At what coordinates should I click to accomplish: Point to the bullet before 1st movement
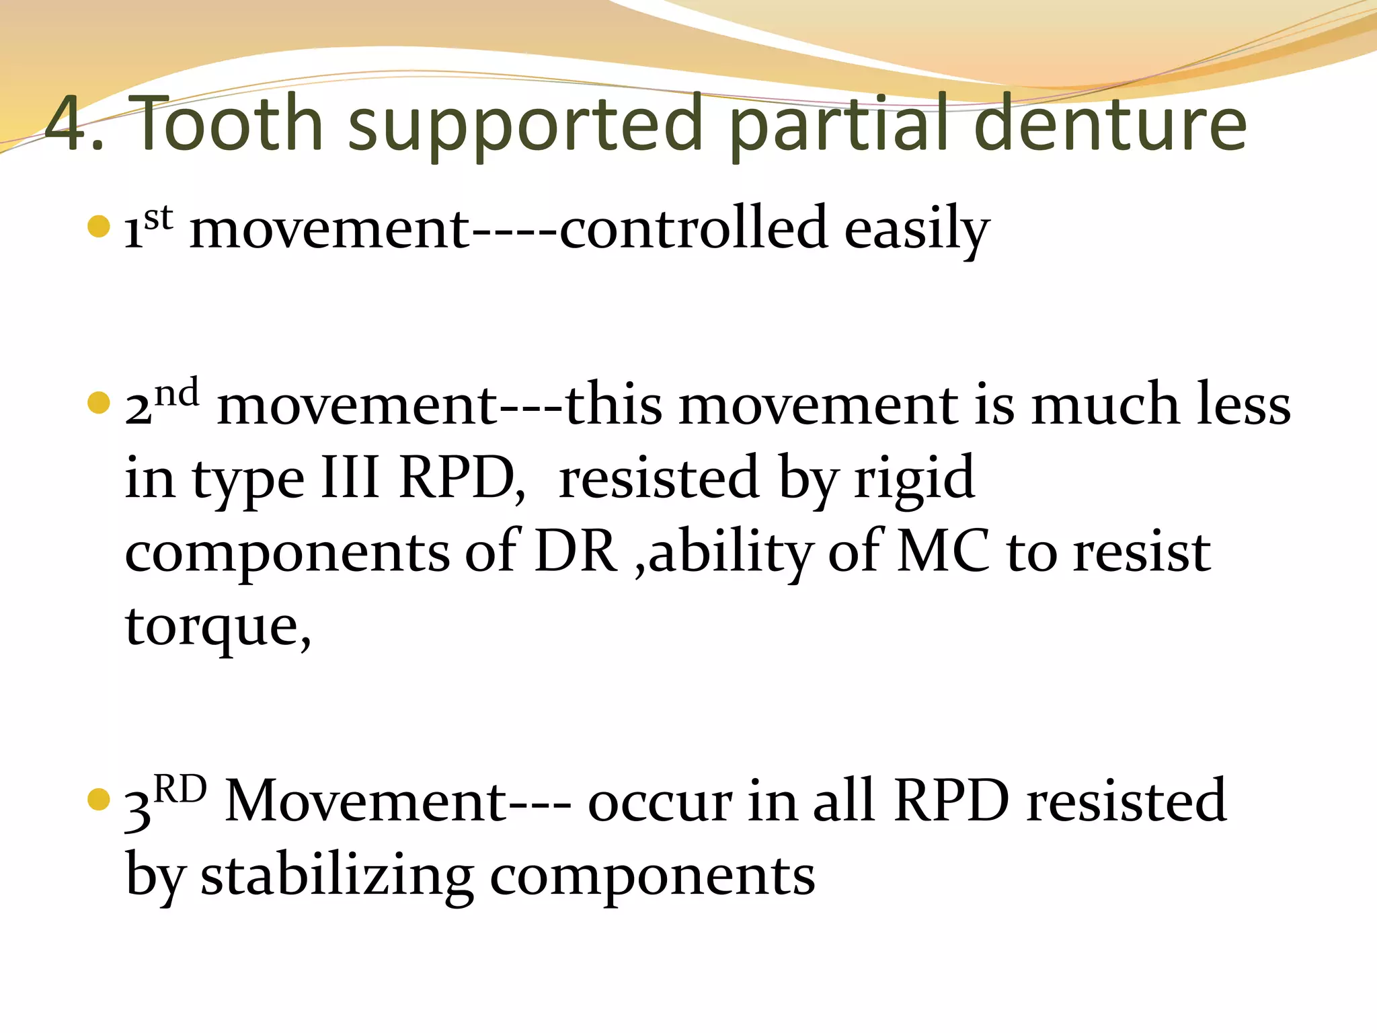pos(98,227)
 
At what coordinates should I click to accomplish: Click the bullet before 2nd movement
pos(98,403)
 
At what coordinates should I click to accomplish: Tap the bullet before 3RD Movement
pos(98,800)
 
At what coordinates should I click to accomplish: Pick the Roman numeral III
pos(350,477)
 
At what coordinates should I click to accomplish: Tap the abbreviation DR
pos(576,551)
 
